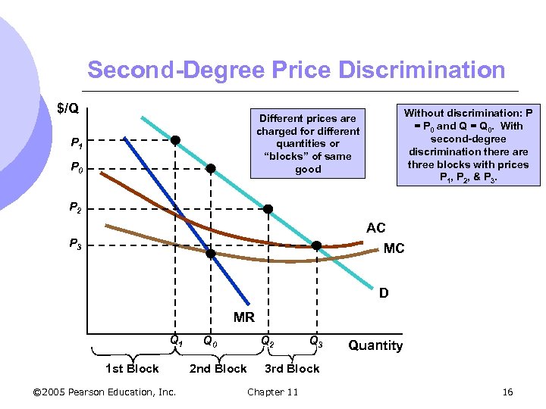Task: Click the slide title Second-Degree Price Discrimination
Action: click(296, 70)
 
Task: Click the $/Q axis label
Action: click(68, 109)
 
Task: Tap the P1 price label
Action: click(77, 142)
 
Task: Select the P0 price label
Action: click(77, 170)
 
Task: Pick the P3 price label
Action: click(76, 244)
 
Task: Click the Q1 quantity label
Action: click(176, 342)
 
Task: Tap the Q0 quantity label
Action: click(211, 342)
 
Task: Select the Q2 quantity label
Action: click(267, 342)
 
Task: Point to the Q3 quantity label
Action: click(316, 342)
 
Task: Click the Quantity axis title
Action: click(375, 345)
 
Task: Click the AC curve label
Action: click(375, 228)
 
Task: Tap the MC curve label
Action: click(394, 248)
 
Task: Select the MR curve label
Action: click(244, 317)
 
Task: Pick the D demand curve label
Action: click(384, 293)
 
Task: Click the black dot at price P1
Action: click(175, 140)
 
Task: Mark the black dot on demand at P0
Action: click(212, 168)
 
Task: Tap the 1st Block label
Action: click(132, 369)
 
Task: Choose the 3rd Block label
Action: click(292, 369)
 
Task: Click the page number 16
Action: click(507, 392)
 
